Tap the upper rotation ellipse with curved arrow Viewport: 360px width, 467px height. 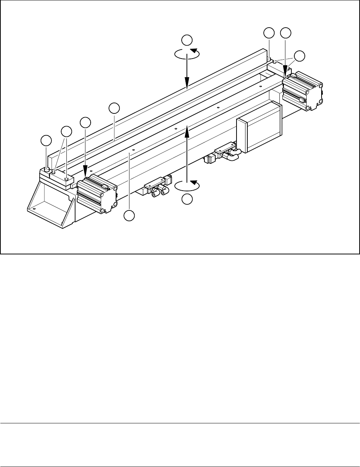tap(187, 53)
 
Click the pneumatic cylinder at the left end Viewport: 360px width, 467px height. tap(97, 194)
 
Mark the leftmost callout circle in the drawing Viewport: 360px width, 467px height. tap(46, 141)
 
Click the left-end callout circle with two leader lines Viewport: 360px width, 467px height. tap(66, 131)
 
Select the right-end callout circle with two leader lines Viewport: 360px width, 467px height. tap(299, 56)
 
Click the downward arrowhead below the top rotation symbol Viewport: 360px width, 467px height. tap(187, 85)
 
